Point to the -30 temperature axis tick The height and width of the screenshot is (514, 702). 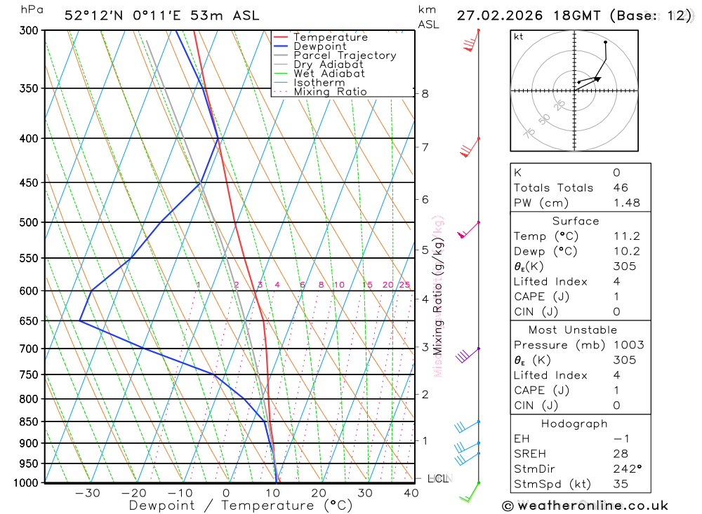(x=88, y=493)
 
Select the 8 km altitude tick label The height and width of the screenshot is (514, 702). (x=425, y=93)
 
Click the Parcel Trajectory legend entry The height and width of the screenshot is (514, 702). (x=344, y=55)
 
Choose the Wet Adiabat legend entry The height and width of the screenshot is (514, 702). (x=329, y=74)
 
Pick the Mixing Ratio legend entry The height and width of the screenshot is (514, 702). (x=329, y=92)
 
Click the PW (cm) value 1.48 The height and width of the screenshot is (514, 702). (x=625, y=203)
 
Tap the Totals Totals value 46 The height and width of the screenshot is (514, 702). (x=620, y=188)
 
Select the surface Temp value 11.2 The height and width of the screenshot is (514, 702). (x=625, y=236)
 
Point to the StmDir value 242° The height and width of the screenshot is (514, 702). (x=625, y=469)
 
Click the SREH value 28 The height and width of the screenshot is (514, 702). (x=620, y=454)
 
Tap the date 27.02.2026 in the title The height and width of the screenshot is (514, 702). (x=494, y=15)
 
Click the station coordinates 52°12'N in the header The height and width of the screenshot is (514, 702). (x=88, y=15)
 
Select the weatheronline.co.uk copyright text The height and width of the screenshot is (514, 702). (x=585, y=506)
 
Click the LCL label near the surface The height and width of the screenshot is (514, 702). (x=437, y=479)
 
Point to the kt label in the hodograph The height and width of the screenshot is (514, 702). (x=519, y=36)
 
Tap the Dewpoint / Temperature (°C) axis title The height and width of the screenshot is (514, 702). (x=241, y=506)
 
